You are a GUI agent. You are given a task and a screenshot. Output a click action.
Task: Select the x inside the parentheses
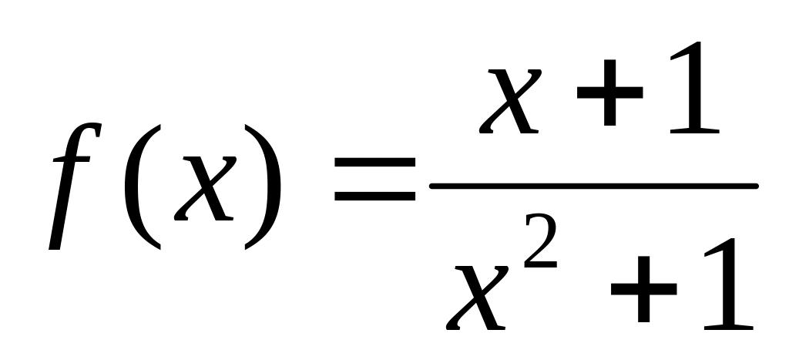point(205,186)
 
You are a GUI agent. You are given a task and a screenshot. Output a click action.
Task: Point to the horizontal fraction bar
point(593,186)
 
